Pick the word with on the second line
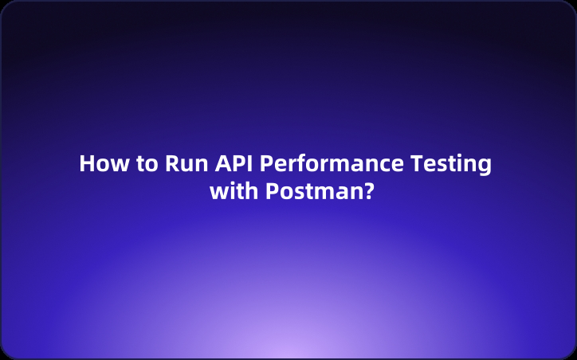[234, 192]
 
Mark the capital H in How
[86, 164]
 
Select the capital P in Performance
[268, 164]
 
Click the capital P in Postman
[270, 192]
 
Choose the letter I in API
[250, 164]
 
